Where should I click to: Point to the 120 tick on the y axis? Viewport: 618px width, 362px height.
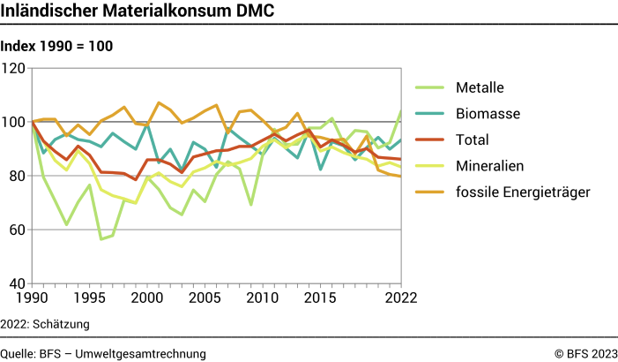[14, 68]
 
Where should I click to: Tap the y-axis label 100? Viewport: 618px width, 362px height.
[14, 122]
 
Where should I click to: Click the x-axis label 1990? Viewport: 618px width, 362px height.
[32, 298]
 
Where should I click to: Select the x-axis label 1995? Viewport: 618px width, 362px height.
[89, 298]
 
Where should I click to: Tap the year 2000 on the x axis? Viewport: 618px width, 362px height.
[146, 298]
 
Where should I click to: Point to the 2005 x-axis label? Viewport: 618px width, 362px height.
[205, 298]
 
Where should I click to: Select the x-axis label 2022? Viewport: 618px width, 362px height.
[387, 298]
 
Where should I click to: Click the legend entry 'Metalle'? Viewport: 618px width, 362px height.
[480, 87]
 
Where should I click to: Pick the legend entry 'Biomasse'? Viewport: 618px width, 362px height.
[488, 113]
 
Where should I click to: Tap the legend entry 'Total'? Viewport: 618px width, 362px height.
[473, 139]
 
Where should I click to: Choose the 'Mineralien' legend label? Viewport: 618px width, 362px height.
[490, 164]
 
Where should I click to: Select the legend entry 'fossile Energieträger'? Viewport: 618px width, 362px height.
[521, 190]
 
